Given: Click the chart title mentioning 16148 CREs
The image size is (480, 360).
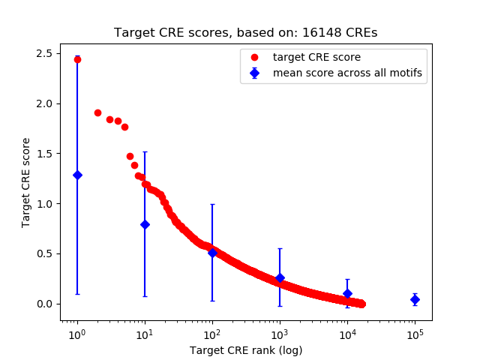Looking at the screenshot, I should tap(245, 33).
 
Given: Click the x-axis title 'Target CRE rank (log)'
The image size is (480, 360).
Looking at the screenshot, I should tap(245, 349).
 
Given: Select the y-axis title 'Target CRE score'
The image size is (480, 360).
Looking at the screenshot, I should tap(26, 182).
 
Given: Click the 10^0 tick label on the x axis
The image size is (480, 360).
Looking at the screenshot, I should tap(76, 333).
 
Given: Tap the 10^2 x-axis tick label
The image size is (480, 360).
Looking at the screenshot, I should tap(212, 333).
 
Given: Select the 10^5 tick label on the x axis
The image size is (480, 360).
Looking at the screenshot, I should tap(415, 333).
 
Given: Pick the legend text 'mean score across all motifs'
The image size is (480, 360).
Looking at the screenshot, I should tap(346, 73).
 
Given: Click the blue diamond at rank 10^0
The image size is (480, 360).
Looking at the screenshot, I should tap(77, 175).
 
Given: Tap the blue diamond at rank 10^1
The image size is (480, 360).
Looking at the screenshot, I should tap(145, 224).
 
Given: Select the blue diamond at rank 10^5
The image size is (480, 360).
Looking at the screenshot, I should tap(415, 299).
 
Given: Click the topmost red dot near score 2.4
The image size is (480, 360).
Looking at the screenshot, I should tap(77, 59).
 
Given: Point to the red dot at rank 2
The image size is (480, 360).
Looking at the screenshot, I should tap(97, 112).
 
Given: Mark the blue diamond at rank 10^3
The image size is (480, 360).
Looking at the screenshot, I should tap(280, 277).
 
